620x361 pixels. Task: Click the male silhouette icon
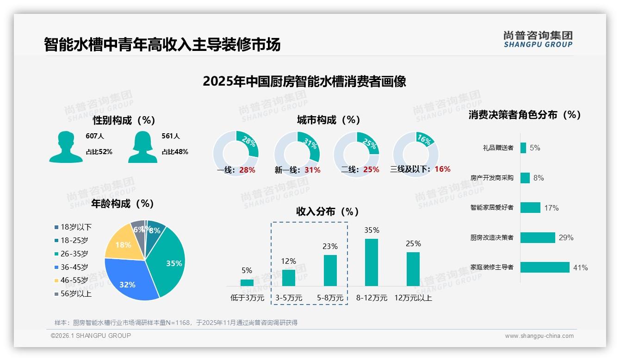point(66,147)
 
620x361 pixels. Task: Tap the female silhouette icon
point(143,147)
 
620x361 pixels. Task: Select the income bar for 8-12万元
point(372,262)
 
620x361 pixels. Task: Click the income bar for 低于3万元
point(247,282)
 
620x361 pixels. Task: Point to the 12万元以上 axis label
point(413,298)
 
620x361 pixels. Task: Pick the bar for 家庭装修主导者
point(545,268)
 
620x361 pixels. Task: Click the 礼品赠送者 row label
point(498,148)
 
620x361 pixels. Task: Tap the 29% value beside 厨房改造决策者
point(566,238)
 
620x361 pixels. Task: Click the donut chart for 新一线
point(297,154)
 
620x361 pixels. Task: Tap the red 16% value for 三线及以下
point(442,169)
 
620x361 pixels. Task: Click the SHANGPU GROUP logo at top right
point(538,39)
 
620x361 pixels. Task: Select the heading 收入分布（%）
point(328,212)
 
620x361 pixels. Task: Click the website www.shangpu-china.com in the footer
point(539,336)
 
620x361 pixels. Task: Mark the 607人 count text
point(95,137)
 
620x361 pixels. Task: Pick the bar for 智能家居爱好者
point(530,208)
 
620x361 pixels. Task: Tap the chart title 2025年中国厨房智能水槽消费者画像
point(304,82)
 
